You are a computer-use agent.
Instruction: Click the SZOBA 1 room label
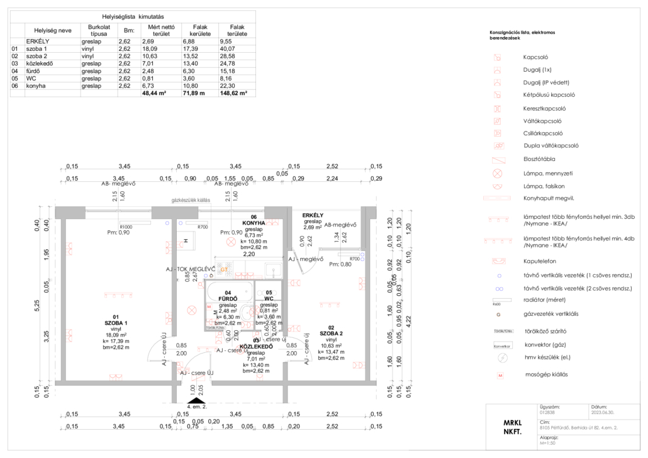[116, 322]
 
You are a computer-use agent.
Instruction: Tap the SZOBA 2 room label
[331, 332]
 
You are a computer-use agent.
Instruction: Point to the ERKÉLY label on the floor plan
[313, 215]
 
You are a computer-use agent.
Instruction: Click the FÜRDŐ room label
[228, 298]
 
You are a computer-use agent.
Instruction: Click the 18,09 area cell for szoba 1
[150, 48]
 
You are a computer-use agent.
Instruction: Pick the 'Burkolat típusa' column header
[100, 31]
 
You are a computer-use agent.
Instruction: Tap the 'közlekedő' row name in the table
[40, 64]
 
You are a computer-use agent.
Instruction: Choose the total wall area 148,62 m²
[233, 93]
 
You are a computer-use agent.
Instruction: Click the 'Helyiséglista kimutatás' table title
[133, 16]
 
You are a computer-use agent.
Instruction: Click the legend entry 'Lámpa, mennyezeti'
[546, 173]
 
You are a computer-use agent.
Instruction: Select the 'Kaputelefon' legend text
[539, 260]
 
